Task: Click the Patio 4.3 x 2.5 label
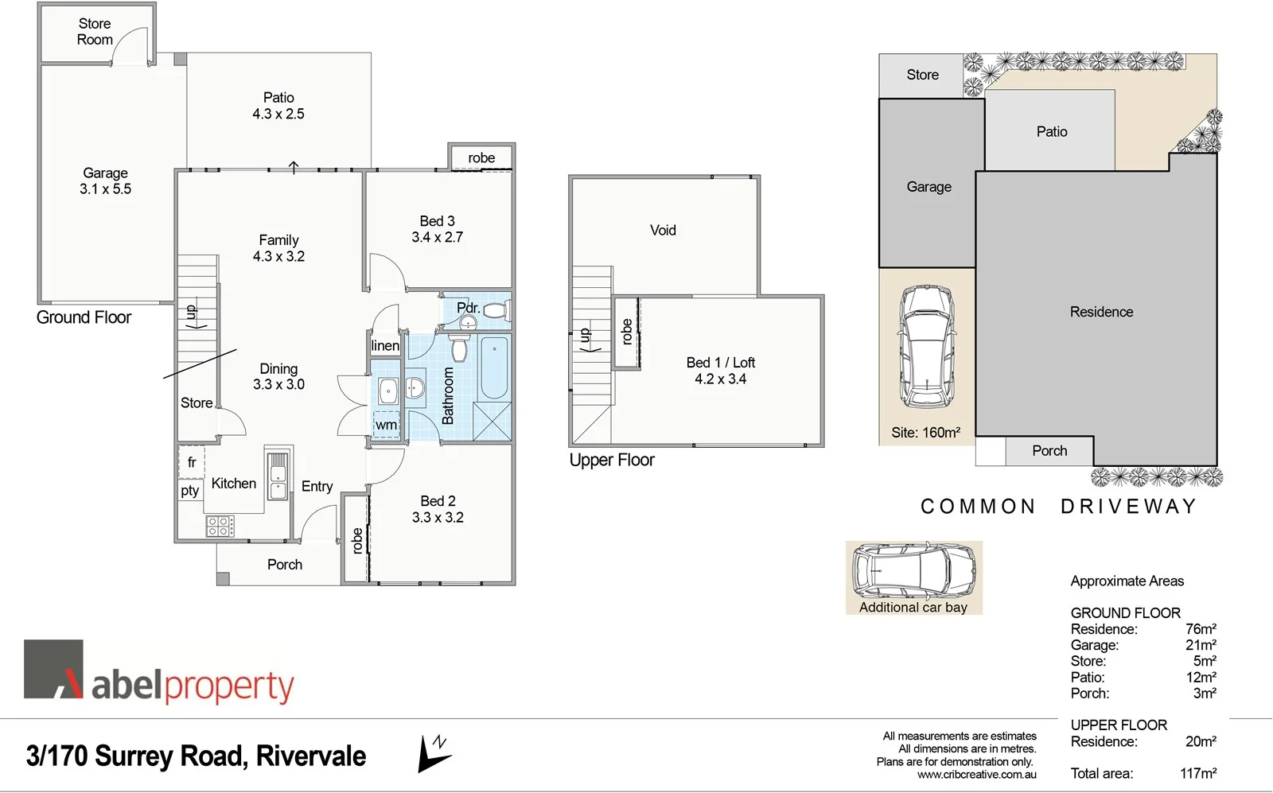(278, 106)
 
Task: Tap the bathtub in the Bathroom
(494, 367)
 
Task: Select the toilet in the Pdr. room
(494, 311)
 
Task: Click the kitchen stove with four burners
(220, 526)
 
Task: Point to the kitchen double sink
(277, 476)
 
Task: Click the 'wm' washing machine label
(386, 425)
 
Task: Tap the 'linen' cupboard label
(385, 345)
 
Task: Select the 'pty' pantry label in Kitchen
(189, 490)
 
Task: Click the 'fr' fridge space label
(192, 462)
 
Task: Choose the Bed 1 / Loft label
(720, 371)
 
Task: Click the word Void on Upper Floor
(663, 231)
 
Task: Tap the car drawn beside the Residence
(926, 346)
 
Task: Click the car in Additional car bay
(913, 572)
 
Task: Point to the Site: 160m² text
(925, 433)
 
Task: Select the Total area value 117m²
(1197, 773)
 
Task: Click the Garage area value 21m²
(1201, 645)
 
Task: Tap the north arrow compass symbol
(434, 753)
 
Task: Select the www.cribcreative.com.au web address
(976, 775)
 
